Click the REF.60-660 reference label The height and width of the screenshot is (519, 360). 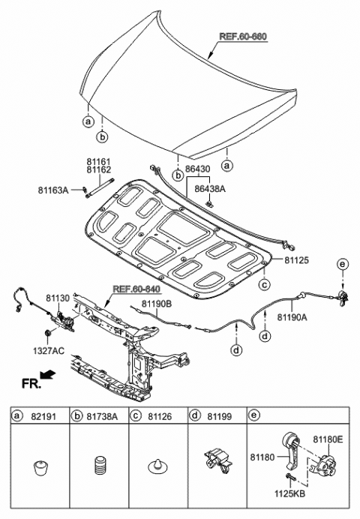242,36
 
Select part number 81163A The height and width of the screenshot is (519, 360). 54,191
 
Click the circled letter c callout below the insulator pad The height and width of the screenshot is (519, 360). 264,284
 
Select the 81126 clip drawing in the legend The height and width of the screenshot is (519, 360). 158,469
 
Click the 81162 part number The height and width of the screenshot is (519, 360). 97,169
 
